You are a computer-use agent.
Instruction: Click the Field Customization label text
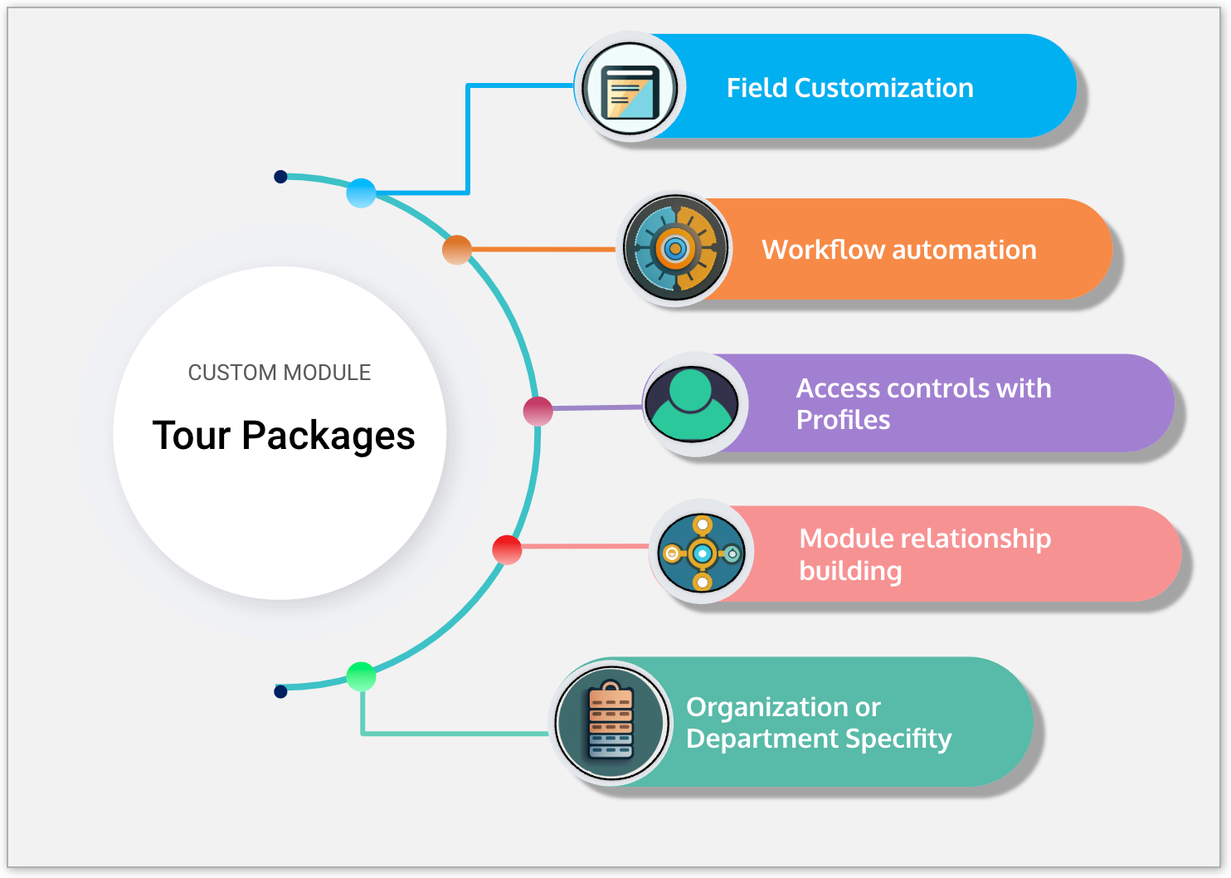pyautogui.click(x=849, y=88)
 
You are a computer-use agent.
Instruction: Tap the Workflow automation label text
pyautogui.click(x=898, y=250)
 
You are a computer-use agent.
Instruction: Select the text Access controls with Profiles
pyautogui.click(x=922, y=404)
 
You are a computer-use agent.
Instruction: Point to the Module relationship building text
pyautogui.click(x=924, y=554)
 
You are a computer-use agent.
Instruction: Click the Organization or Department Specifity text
pyautogui.click(x=818, y=723)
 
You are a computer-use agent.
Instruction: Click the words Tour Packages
pyautogui.click(x=284, y=436)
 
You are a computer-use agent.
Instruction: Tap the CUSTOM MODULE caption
pyautogui.click(x=280, y=373)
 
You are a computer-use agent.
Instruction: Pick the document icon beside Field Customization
pyautogui.click(x=630, y=88)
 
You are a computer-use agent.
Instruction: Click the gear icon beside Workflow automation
pyautogui.click(x=675, y=248)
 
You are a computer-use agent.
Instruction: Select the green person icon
pyautogui.click(x=692, y=404)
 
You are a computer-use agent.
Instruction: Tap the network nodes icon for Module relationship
pyautogui.click(x=702, y=553)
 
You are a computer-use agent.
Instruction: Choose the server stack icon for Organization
pyautogui.click(x=611, y=723)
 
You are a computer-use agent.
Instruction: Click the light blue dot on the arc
pyautogui.click(x=361, y=193)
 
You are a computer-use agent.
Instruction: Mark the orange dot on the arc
pyautogui.click(x=456, y=249)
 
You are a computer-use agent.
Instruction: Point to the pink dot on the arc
pyautogui.click(x=538, y=411)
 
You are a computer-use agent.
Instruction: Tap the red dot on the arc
pyautogui.click(x=507, y=549)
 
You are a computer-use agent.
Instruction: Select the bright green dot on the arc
pyautogui.click(x=361, y=676)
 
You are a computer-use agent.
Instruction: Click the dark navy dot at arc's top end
pyautogui.click(x=280, y=177)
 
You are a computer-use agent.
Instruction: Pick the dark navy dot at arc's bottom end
pyautogui.click(x=280, y=691)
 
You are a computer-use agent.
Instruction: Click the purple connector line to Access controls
pyautogui.click(x=597, y=407)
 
